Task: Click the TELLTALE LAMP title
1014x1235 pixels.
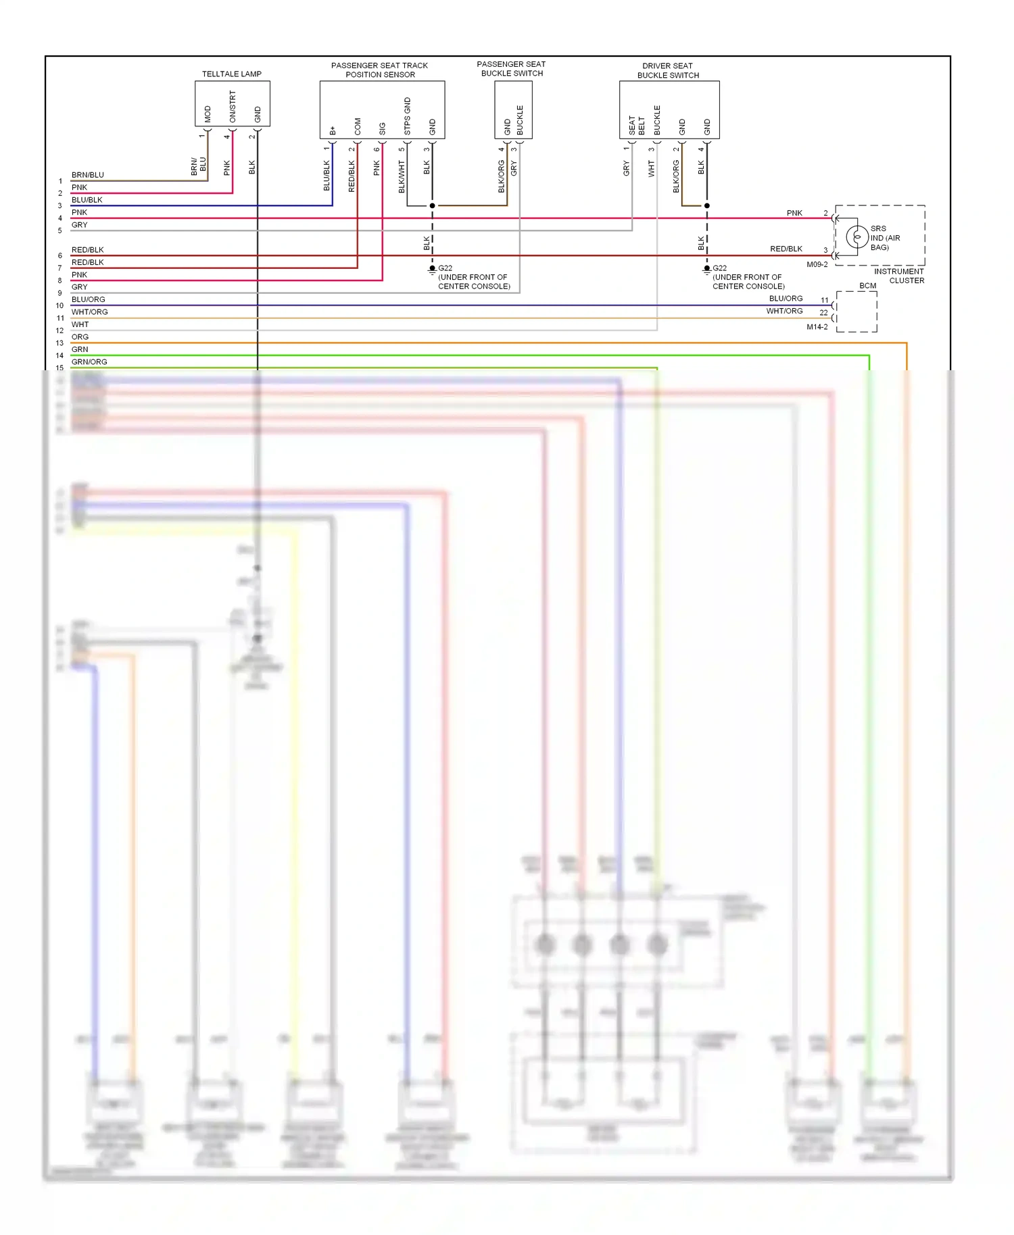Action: [231, 74]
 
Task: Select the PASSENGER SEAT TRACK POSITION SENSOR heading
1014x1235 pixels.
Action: [379, 70]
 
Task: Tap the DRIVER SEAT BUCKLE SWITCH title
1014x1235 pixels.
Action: [667, 70]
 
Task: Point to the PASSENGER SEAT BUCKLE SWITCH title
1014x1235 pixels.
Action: [512, 69]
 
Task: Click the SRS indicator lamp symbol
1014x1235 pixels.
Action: [856, 238]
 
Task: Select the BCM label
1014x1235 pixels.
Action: [867, 286]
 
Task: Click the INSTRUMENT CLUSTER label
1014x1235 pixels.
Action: [899, 276]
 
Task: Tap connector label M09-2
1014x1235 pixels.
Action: [817, 265]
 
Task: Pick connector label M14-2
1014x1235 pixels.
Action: [817, 327]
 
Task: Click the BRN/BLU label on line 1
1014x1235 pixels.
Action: [88, 175]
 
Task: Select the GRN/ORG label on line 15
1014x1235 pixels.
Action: [89, 362]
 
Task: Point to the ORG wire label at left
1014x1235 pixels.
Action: [80, 337]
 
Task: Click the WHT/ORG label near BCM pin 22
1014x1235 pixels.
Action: [784, 311]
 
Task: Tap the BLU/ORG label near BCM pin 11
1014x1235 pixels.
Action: [786, 299]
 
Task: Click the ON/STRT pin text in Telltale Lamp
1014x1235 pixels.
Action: [233, 107]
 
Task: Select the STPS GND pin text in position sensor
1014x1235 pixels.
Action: [407, 116]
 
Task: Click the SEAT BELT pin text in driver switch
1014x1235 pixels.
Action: [636, 125]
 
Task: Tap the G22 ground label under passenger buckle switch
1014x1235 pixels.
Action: [445, 268]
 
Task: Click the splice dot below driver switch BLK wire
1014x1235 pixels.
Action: [706, 205]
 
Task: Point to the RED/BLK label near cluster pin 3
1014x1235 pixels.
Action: [786, 249]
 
